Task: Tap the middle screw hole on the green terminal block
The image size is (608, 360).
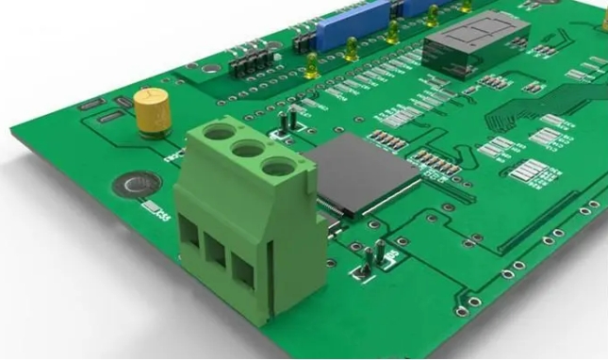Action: coord(248,149)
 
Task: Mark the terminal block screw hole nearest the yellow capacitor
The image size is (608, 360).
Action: coord(219,133)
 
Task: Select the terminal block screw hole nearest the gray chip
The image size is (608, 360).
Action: coord(277,168)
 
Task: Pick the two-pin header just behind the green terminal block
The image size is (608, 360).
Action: coord(289,120)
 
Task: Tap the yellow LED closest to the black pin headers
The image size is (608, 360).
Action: coord(312,64)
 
